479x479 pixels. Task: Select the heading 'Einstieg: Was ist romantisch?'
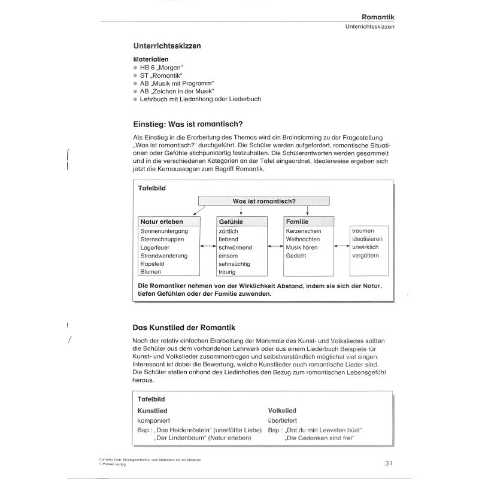187,125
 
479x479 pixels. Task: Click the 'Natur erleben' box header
162,222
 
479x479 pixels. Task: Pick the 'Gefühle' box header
231,222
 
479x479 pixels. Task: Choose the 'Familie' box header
298,222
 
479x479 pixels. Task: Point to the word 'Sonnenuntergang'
165,231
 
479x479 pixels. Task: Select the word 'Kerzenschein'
305,231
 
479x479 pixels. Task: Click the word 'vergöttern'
368,256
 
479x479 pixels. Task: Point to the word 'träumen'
365,231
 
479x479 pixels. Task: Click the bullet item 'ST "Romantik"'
156,76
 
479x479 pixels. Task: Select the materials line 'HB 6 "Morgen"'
160,68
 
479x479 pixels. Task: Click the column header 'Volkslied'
282,411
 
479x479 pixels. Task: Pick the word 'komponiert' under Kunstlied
155,421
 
